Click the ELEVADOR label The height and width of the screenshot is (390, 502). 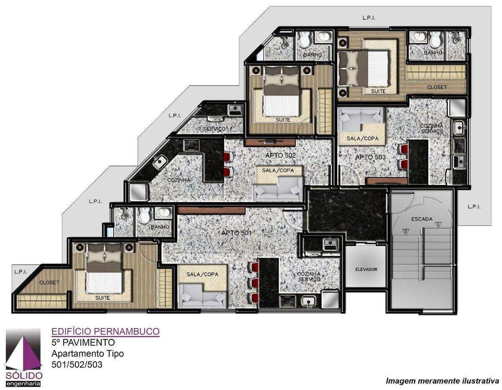[366, 269]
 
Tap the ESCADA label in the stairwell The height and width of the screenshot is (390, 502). [422, 218]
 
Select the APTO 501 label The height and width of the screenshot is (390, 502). [236, 232]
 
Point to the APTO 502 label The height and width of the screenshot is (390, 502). [280, 155]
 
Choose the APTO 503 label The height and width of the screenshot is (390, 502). [370, 157]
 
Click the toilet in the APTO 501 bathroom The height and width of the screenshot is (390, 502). [145, 216]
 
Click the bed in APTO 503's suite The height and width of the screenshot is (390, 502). [363, 68]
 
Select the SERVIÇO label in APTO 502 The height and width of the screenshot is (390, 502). [214, 129]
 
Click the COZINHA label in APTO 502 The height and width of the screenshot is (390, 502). [179, 180]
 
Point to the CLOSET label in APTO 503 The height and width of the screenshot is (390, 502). [437, 87]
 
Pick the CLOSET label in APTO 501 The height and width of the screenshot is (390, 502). [49, 282]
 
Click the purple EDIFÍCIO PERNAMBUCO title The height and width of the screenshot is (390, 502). [105, 331]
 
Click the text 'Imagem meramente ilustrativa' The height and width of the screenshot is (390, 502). [442, 381]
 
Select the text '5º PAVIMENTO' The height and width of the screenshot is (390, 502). [83, 342]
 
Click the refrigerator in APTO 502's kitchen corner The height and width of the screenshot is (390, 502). [138, 192]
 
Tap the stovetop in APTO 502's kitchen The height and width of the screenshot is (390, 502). [192, 145]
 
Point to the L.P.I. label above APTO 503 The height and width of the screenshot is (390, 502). [369, 18]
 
